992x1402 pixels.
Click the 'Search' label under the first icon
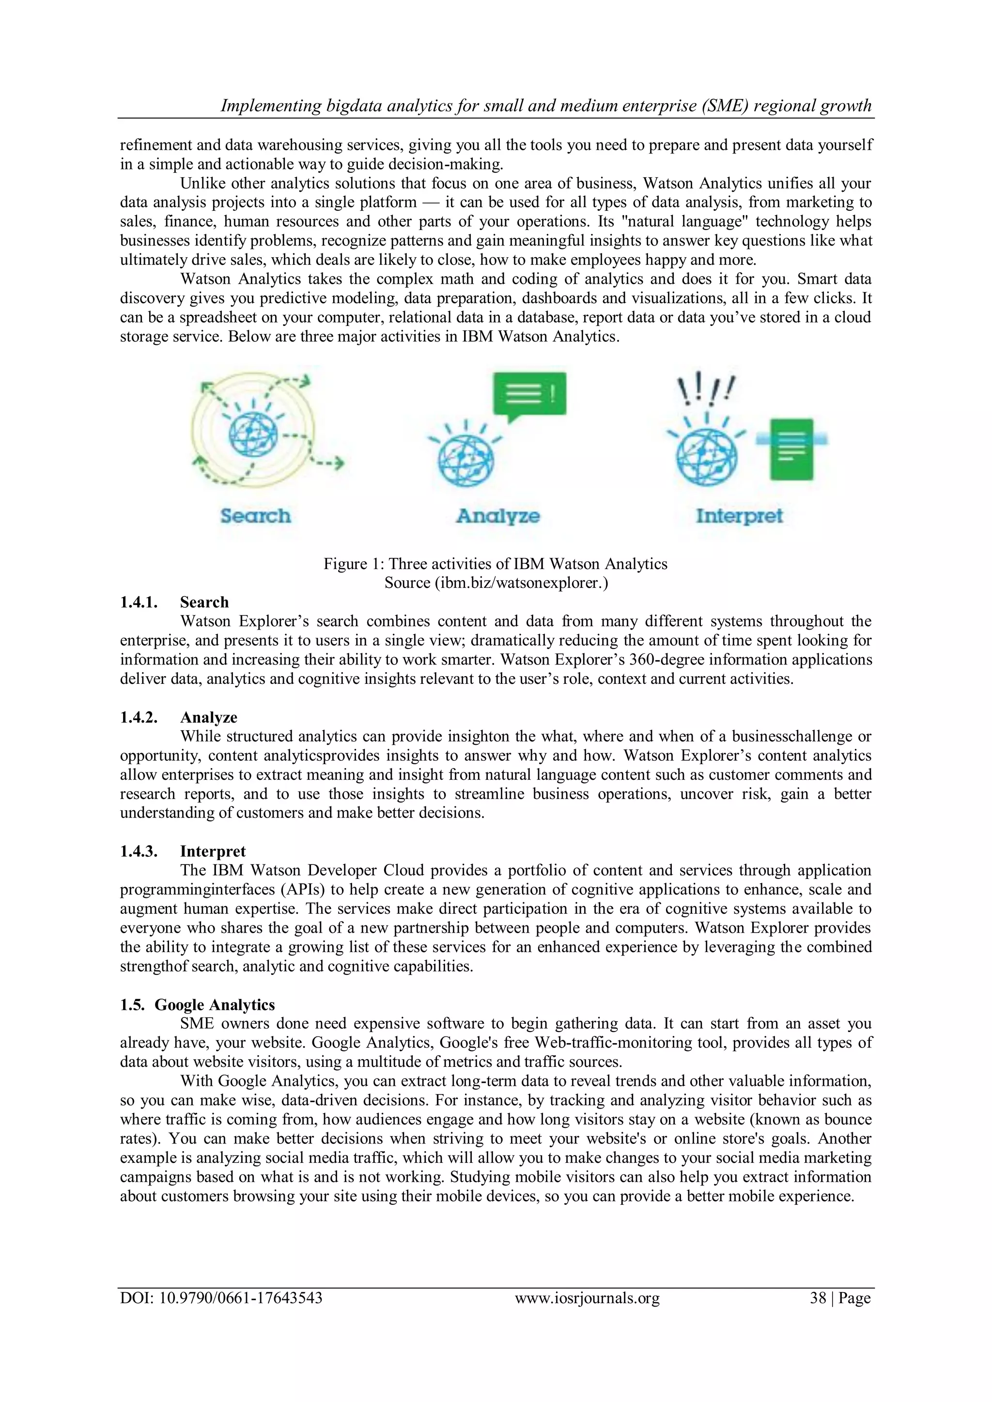pyautogui.click(x=255, y=516)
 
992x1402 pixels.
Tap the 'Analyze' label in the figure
pyautogui.click(x=498, y=516)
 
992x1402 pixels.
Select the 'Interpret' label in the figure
pyautogui.click(x=739, y=516)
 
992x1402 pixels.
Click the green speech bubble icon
pyautogui.click(x=529, y=395)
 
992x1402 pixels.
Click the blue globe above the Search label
pyautogui.click(x=253, y=434)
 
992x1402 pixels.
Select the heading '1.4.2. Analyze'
pyautogui.click(x=178, y=718)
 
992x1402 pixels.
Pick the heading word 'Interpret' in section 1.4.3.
pyautogui.click(x=213, y=851)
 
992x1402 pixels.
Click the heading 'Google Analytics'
pyautogui.click(x=215, y=1004)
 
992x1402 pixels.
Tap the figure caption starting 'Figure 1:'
pyautogui.click(x=496, y=564)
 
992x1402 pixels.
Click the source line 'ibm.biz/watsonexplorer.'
pyautogui.click(x=496, y=583)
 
